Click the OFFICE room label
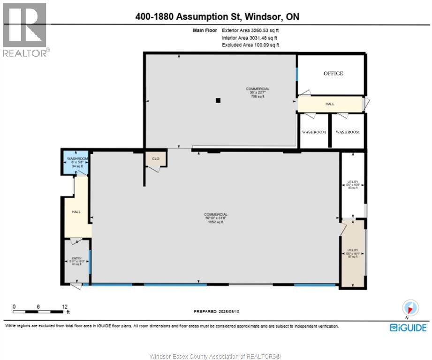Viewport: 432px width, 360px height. (333, 73)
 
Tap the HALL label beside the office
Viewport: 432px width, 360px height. (330, 104)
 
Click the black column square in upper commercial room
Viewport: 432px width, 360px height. (218, 100)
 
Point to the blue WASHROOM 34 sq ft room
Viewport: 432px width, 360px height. (75, 162)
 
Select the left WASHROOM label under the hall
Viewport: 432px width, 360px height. (314, 132)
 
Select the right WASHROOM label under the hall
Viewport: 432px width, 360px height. (348, 132)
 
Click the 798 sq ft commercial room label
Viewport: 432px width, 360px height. (258, 92)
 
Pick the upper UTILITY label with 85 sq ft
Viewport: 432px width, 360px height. (353, 185)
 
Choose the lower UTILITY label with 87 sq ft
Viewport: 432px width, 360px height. (353, 254)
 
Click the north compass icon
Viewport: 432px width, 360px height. (410, 308)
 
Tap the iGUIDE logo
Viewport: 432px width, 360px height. (408, 328)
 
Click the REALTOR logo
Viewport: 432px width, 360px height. (25, 30)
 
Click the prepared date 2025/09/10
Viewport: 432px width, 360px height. (217, 311)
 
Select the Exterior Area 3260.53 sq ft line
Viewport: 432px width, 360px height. (250, 30)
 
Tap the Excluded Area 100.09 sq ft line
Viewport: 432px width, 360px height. (250, 45)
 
